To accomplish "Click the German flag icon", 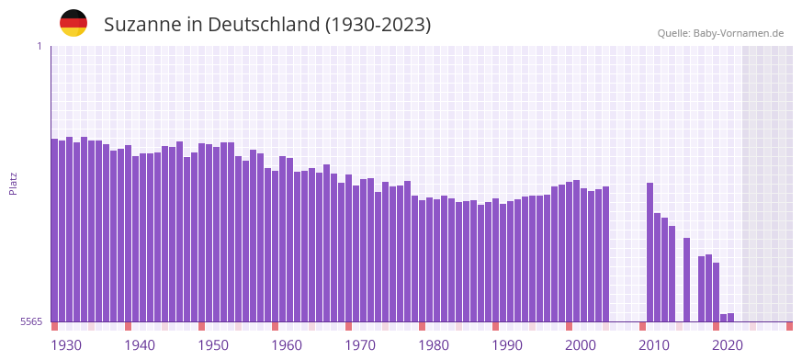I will coord(73,23).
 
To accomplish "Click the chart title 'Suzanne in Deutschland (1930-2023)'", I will coord(267,25).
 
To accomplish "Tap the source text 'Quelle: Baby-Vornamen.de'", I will coord(720,33).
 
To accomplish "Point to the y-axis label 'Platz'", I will coord(13,184).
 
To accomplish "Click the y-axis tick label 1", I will coord(39,46).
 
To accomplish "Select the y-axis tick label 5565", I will coord(30,321).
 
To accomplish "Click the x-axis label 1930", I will coord(66,345).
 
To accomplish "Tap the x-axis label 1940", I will coord(140,345).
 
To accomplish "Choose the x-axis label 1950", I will coord(213,345).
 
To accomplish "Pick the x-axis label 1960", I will coord(287,345).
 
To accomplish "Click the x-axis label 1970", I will coord(360,345).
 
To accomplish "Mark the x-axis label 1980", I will coord(434,345).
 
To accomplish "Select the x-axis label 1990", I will coord(507,345).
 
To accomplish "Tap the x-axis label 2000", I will coord(581,345).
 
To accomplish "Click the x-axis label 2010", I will coord(654,345).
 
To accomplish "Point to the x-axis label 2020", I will coord(728,345).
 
